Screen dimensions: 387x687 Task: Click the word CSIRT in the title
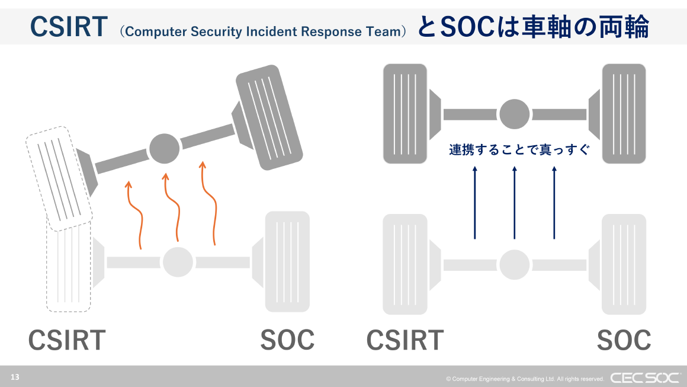[69, 27]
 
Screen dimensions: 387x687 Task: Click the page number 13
[15, 377]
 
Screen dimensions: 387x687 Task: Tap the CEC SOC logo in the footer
[644, 378]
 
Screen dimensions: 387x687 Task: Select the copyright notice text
[525, 379]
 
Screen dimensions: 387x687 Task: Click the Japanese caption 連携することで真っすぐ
[519, 150]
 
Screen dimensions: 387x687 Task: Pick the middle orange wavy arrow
[172, 207]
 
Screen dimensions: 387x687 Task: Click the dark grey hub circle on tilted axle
[164, 149]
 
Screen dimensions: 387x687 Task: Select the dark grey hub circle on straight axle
[514, 114]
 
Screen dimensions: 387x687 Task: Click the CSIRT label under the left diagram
[67, 340]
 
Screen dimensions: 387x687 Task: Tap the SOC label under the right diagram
[623, 340]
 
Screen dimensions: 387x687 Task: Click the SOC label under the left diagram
[287, 340]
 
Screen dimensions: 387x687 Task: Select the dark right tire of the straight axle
[624, 114]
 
